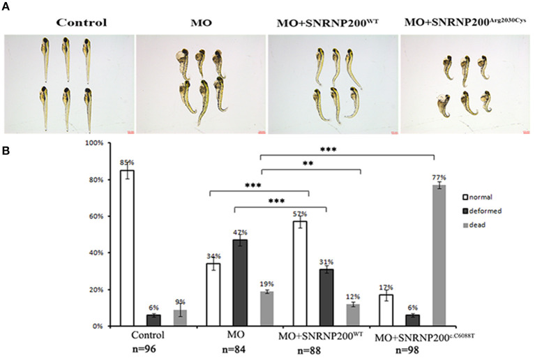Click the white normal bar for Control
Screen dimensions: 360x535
pos(127,248)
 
